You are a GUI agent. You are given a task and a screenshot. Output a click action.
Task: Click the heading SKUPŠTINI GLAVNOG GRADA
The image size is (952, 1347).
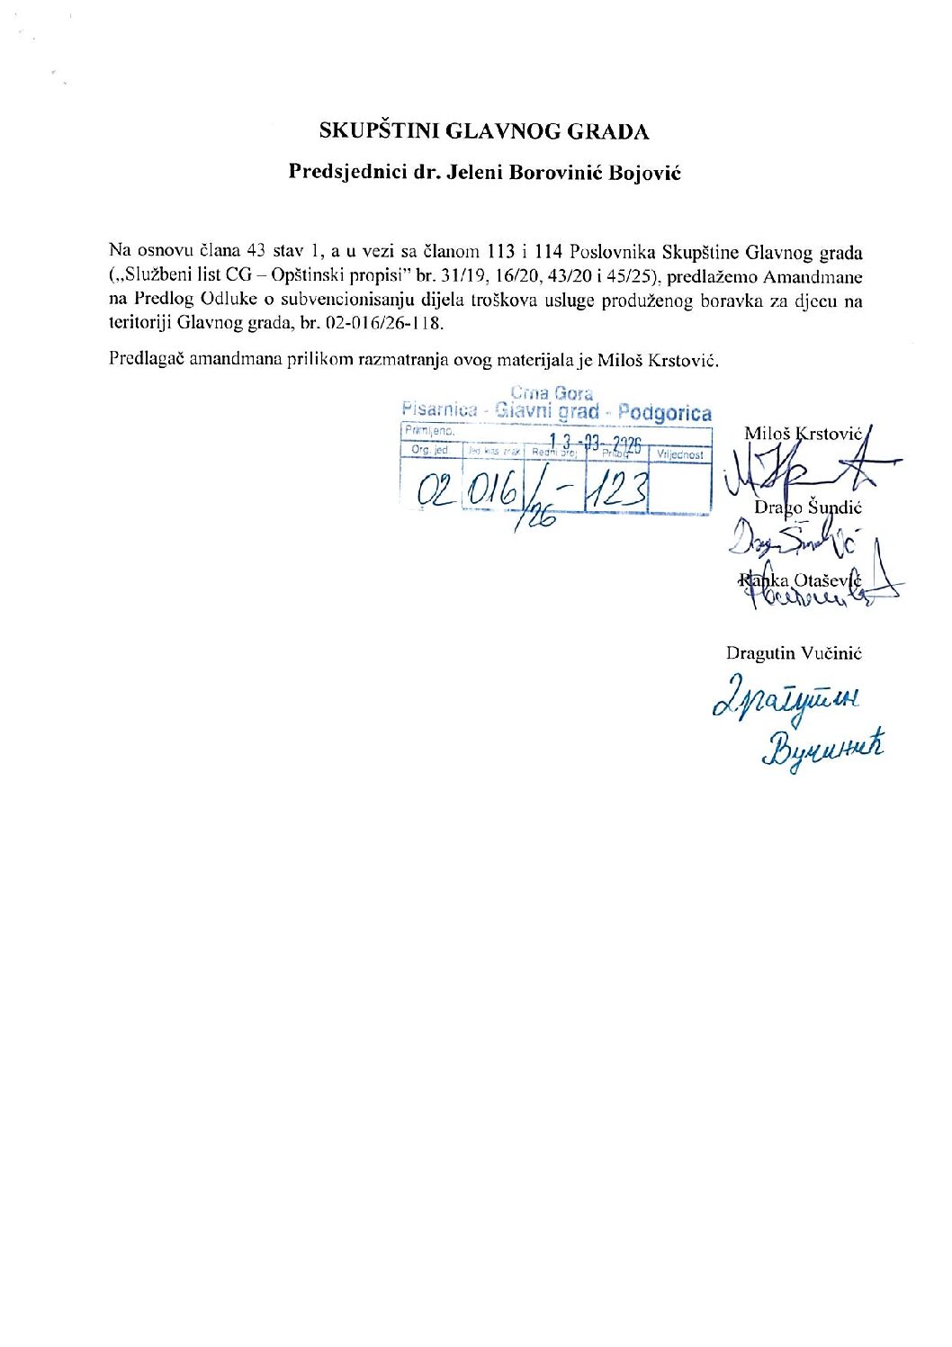(x=484, y=131)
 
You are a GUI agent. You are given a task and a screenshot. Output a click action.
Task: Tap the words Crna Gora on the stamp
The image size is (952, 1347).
(x=552, y=393)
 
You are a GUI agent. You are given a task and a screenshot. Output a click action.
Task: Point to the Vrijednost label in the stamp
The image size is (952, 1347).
(x=680, y=455)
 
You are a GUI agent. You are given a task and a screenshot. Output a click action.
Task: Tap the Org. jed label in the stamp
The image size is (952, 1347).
(x=430, y=450)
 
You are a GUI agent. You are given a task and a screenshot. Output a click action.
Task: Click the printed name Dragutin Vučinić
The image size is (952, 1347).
(x=794, y=653)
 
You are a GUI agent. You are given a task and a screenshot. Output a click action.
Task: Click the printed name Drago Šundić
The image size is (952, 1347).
(x=807, y=507)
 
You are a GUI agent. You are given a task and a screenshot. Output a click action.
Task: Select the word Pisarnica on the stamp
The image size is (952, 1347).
(x=439, y=409)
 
